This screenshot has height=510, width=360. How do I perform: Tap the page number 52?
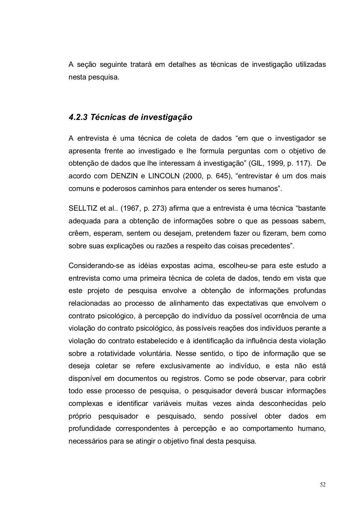coord(323,484)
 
